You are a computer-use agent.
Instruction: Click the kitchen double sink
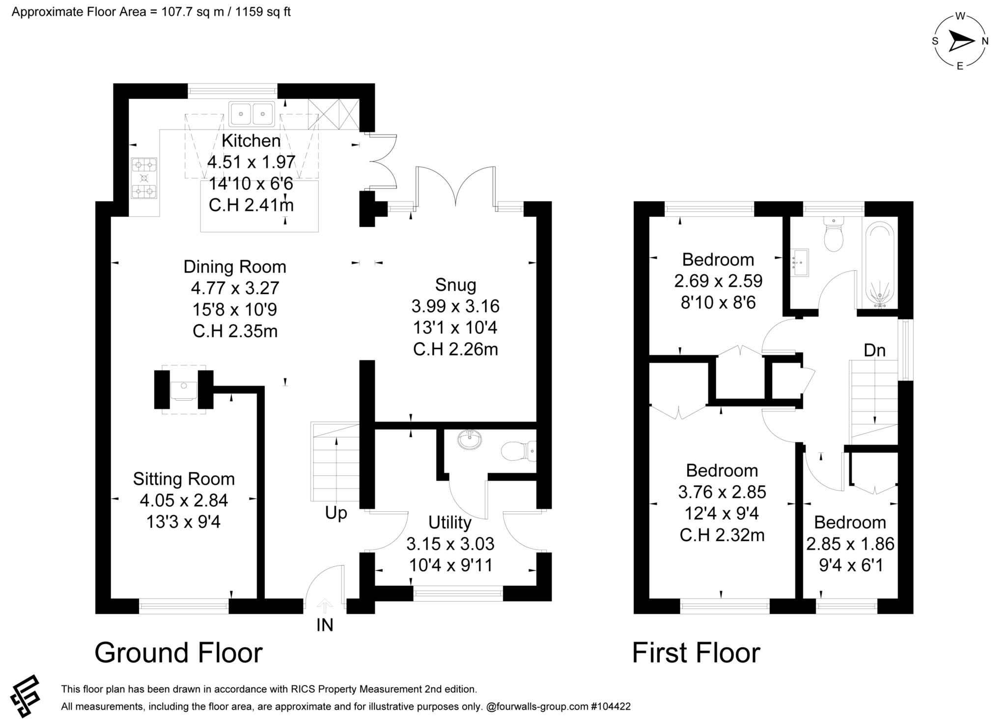[251, 114]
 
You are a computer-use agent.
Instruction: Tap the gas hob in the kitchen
[144, 178]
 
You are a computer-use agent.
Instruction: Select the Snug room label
[455, 285]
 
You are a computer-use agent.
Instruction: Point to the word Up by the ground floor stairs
[336, 513]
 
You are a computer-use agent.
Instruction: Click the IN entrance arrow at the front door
[324, 605]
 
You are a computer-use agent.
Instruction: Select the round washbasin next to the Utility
[470, 439]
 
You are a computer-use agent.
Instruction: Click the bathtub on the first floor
[880, 265]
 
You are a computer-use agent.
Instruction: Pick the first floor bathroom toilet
[834, 236]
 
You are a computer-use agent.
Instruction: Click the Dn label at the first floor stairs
[874, 351]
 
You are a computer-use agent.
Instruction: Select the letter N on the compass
[984, 41]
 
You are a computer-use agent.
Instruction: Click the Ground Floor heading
[178, 653]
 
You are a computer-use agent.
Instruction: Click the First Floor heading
[696, 653]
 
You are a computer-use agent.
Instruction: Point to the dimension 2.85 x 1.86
[850, 544]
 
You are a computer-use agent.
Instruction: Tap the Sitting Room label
[184, 479]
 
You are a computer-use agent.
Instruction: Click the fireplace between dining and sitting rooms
[184, 389]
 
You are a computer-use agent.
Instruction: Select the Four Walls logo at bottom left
[25, 695]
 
